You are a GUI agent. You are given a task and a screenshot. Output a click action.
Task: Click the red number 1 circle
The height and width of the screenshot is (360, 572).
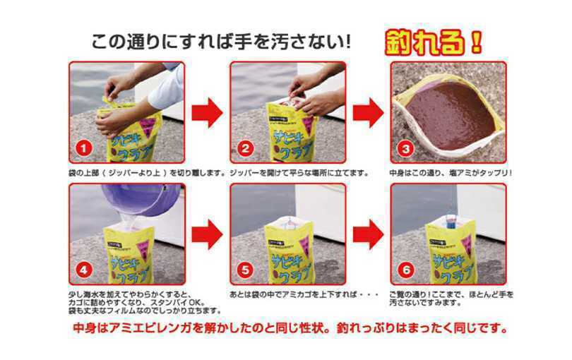click(84, 148)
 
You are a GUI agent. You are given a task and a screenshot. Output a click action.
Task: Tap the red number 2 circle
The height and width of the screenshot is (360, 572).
click(245, 148)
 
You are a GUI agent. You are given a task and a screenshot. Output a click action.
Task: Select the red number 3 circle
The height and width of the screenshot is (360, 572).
click(405, 148)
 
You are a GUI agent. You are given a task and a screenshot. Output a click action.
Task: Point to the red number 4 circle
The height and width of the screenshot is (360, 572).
click(84, 270)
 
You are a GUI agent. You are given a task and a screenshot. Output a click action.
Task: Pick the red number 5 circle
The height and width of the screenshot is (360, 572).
click(245, 270)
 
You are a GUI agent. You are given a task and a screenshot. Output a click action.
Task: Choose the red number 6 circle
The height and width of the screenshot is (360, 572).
click(405, 270)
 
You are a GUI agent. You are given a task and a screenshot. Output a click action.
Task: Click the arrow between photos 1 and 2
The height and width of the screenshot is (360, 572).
click(207, 113)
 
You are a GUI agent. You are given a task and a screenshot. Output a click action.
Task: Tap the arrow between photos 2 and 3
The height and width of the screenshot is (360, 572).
click(368, 113)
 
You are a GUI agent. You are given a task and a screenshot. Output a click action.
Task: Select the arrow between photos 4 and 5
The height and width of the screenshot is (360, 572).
click(207, 234)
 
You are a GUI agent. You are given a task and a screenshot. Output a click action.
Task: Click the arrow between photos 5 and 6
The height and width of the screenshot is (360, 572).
click(368, 234)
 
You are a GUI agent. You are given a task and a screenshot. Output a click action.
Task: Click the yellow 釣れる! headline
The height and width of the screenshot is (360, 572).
click(434, 42)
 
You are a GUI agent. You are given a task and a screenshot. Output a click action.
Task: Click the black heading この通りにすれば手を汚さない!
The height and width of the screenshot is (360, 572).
click(221, 42)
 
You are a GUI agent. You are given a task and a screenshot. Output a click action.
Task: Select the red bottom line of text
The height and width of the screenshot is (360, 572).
click(290, 328)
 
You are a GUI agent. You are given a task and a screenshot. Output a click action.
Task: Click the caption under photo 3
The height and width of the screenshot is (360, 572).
click(451, 173)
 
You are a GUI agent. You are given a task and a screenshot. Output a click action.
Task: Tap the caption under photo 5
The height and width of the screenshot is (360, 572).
click(304, 294)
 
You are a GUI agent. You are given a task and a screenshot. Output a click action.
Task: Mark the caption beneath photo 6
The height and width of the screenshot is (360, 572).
click(452, 299)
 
